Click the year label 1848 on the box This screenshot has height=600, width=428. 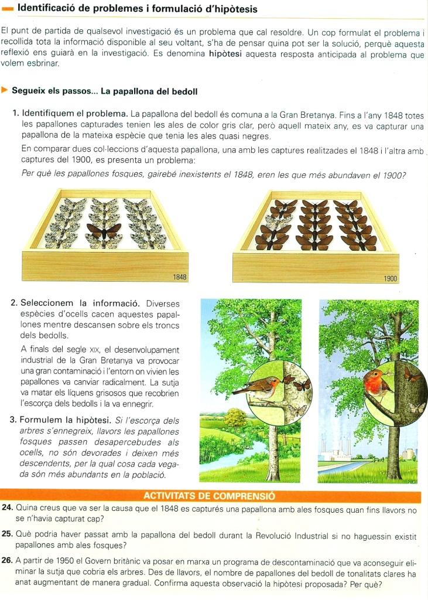pyautogui.click(x=180, y=277)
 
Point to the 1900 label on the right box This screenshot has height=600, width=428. pyautogui.click(x=391, y=279)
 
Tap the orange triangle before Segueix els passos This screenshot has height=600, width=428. pyautogui.click(x=5, y=91)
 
